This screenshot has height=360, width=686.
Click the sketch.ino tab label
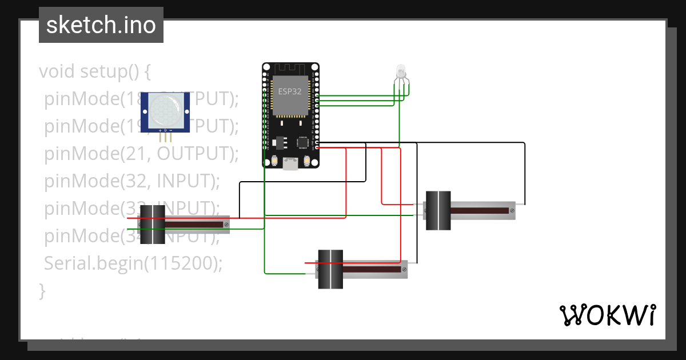point(101,25)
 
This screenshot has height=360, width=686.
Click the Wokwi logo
point(607,315)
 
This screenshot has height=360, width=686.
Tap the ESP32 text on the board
point(290,91)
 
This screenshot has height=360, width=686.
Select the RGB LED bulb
point(400,71)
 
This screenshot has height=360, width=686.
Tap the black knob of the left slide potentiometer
point(153,225)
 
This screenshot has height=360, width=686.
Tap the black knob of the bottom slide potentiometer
point(330,269)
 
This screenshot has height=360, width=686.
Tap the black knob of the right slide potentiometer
point(438,210)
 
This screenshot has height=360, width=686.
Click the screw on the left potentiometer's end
point(227,225)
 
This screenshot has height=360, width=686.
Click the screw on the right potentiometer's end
point(512,211)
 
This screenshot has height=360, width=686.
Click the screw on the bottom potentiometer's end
point(404,269)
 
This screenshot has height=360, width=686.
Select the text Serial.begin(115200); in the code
point(133,263)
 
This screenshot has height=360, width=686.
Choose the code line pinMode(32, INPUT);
point(132,181)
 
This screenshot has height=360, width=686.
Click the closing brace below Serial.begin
point(42,290)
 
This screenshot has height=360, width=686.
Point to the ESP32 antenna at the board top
point(290,69)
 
